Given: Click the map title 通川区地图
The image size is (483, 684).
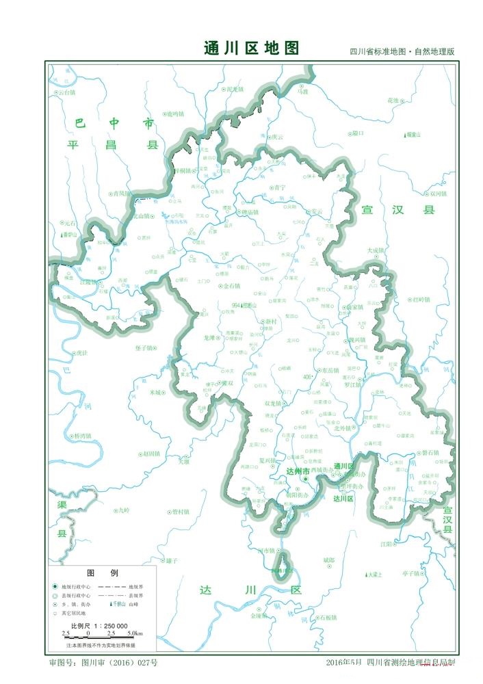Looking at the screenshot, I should pos(251,48).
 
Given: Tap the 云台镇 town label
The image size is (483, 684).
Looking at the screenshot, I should pos(67,92).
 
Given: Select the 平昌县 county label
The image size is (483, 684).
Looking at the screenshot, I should pos(112,145).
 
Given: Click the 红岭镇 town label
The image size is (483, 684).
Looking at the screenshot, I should pos(422,300).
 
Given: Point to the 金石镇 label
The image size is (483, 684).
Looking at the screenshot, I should pos(232,285).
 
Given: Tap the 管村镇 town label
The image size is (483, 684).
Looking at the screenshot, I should pos(180,511).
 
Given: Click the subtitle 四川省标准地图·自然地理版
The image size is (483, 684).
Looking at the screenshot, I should pos(402,52).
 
